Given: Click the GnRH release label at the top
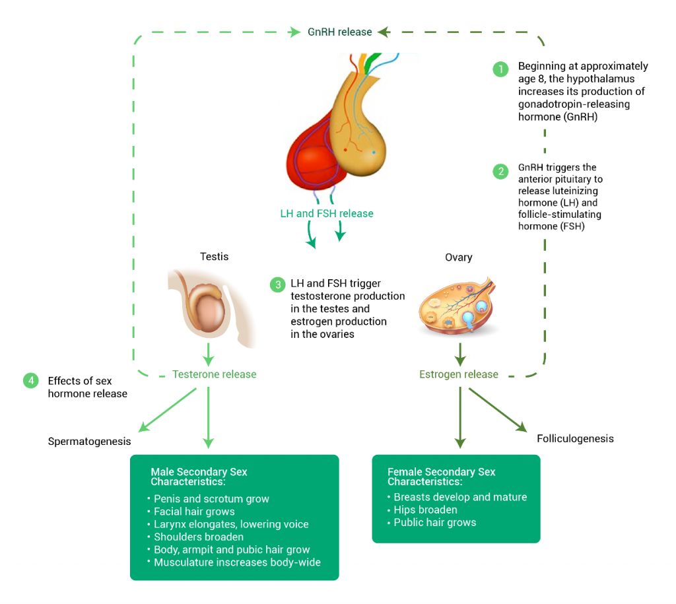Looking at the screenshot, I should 339,32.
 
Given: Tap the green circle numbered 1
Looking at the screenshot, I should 501,69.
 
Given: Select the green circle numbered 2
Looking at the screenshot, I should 501,172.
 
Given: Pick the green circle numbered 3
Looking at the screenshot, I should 277,285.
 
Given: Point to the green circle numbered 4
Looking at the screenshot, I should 30,381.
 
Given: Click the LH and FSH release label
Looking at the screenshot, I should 327,214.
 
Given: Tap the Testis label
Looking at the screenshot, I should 214,256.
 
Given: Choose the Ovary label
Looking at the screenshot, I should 458,257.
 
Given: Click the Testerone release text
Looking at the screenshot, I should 214,374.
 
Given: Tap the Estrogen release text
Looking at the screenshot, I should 458,374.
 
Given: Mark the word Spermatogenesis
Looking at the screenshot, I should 89,441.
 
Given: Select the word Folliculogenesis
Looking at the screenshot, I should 575,438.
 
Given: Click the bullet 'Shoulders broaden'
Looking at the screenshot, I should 199,537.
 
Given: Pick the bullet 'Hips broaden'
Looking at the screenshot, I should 425,510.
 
